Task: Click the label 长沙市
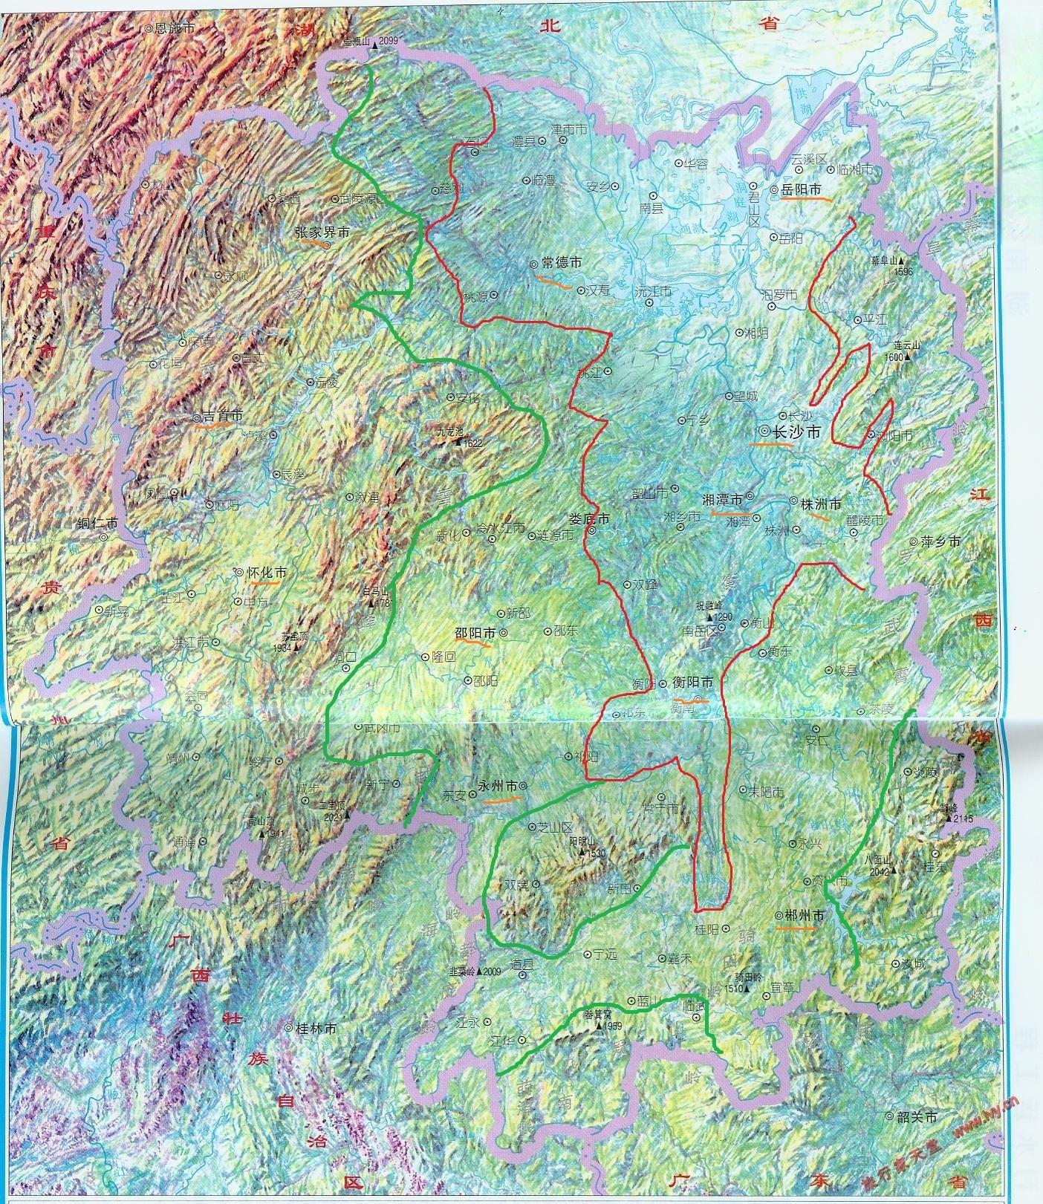(x=797, y=432)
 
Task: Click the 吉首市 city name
(x=222, y=417)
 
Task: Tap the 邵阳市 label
(x=475, y=634)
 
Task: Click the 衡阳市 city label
(x=692, y=682)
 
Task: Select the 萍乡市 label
(x=940, y=541)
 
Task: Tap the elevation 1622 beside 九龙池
(x=472, y=443)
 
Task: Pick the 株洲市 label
(x=821, y=504)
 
